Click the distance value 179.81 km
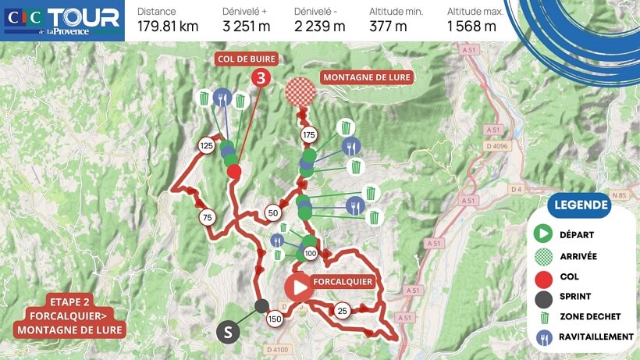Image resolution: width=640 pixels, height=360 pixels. [168, 26]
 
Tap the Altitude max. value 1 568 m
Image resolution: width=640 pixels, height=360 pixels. [471, 26]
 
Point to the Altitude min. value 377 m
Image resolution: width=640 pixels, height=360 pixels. [388, 26]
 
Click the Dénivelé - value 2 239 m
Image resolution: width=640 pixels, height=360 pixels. [319, 26]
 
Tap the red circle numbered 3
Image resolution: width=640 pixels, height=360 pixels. [261, 77]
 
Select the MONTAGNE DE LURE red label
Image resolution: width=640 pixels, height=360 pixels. [365, 77]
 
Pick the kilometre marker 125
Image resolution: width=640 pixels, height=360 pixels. [207, 145]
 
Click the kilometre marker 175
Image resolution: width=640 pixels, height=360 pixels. [310, 136]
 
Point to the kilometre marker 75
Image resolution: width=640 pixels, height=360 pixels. [207, 217]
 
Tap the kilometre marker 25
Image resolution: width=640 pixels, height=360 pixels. [342, 311]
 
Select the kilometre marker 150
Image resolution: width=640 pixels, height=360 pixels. [274, 319]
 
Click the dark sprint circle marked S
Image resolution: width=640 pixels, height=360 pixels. [228, 332]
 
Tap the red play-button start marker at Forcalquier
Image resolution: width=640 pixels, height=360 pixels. [298, 286]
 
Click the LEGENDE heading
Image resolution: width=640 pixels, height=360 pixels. [578, 206]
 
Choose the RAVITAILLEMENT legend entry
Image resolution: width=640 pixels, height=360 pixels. [596, 337]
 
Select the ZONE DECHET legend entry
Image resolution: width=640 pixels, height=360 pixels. [590, 316]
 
